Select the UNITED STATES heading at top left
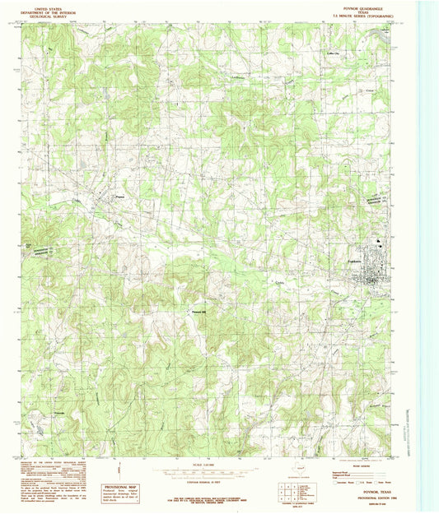click(x=44, y=5)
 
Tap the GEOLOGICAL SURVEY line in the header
click(x=44, y=14)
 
